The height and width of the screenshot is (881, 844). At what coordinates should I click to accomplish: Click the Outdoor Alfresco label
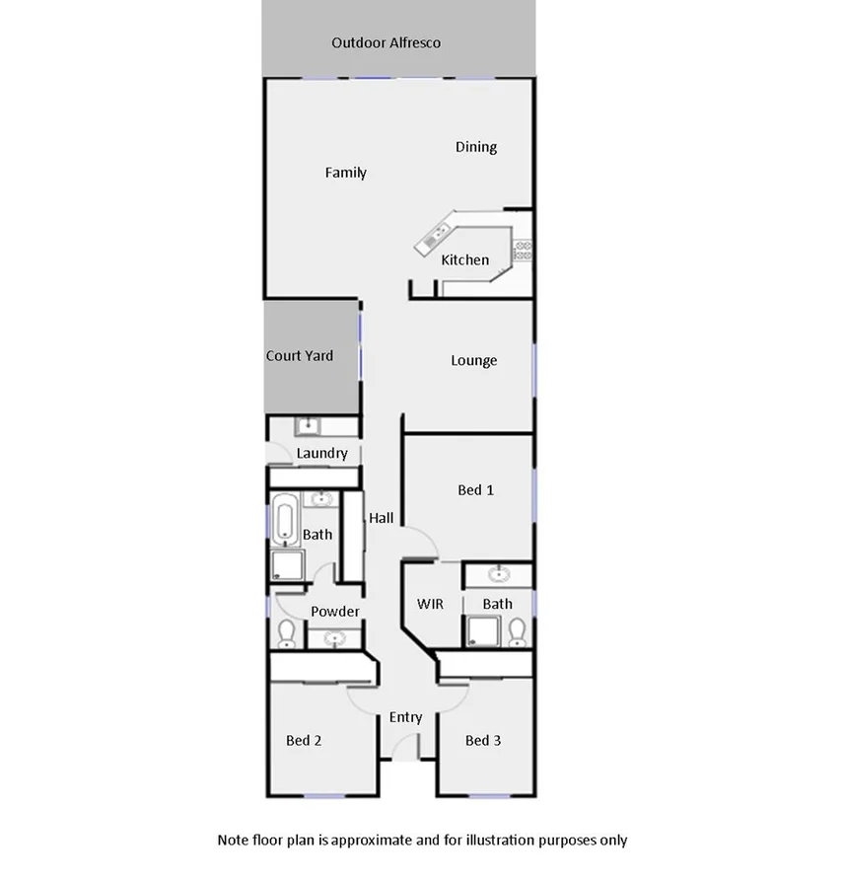(386, 42)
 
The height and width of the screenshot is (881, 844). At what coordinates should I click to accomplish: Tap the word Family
(346, 173)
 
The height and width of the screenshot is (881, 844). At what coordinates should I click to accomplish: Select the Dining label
(476, 147)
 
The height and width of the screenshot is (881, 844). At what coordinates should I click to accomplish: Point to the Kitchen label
(464, 260)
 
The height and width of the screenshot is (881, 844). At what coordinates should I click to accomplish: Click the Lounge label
(474, 361)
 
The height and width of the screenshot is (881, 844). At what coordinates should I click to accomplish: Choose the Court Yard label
(300, 356)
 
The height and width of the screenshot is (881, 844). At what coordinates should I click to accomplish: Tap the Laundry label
(322, 454)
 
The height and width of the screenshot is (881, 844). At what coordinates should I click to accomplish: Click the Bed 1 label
(476, 490)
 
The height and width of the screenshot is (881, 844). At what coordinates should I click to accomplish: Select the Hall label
(382, 518)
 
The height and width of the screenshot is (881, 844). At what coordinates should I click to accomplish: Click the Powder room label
(335, 612)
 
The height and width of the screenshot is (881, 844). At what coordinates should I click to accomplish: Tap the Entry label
(405, 717)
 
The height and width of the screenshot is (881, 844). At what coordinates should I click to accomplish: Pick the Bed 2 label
(304, 741)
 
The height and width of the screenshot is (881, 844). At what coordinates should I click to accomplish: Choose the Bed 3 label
(483, 741)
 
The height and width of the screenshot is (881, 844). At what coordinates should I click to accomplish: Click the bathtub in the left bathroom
(286, 520)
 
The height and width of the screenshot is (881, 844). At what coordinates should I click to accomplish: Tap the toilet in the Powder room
(287, 633)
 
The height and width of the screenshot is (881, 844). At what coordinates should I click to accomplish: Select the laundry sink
(308, 426)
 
